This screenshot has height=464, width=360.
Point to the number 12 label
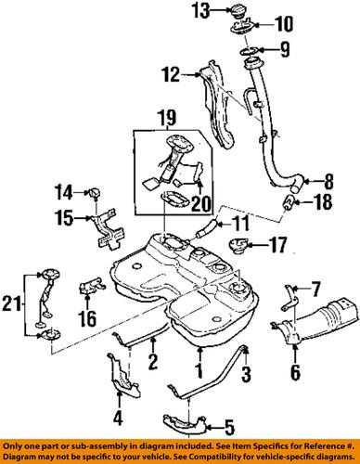[x=167, y=73]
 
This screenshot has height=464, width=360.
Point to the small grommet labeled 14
[x=94, y=193]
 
